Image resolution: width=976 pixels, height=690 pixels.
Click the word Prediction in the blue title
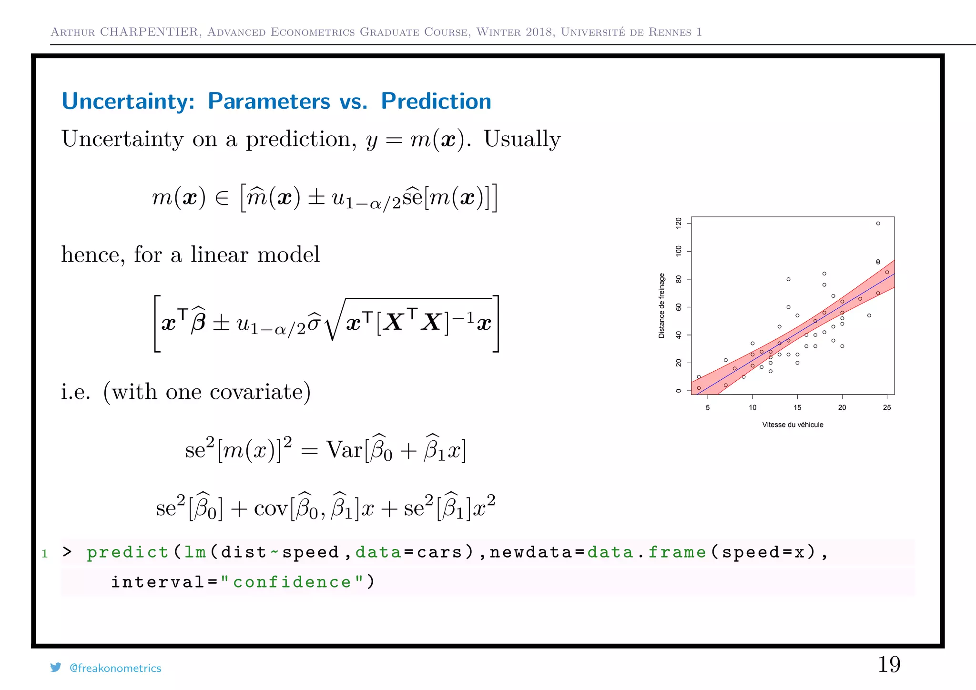(436, 101)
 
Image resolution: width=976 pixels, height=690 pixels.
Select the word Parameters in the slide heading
(269, 101)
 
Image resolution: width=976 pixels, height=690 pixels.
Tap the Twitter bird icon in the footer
(56, 668)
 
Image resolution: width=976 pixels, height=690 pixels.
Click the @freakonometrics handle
(115, 668)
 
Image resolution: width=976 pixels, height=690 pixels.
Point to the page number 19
(889, 664)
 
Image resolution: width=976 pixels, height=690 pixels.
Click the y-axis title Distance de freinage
(661, 306)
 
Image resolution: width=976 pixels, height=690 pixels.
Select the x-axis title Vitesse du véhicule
(793, 425)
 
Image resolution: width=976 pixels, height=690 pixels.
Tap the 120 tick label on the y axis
(679, 223)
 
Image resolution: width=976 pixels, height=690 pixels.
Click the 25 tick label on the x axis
(887, 407)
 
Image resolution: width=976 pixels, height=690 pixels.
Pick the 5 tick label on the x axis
(708, 407)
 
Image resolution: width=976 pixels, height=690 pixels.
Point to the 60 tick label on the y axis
(679, 307)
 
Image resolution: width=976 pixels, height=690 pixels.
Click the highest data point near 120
(878, 223)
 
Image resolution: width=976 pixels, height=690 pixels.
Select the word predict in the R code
(127, 552)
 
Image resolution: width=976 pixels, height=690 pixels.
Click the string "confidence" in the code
(292, 582)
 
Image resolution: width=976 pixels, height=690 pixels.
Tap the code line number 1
(45, 554)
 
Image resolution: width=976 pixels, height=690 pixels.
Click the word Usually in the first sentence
(522, 140)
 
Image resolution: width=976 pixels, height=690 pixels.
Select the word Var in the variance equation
(344, 449)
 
